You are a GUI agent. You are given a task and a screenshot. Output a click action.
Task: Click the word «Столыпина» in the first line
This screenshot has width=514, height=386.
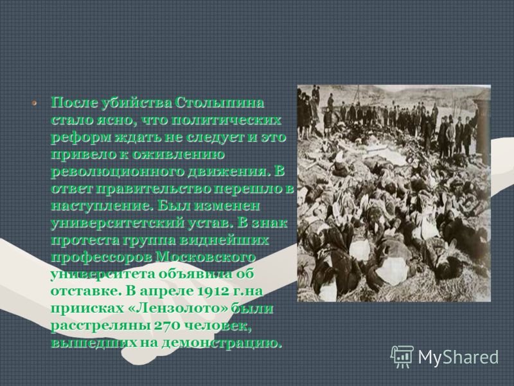[219, 103]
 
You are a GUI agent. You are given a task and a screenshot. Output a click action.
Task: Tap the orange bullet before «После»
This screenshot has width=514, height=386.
[34, 103]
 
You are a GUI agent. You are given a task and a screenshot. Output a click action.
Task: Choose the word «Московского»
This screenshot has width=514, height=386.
[206, 257]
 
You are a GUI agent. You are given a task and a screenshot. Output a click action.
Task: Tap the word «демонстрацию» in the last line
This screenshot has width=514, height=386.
[222, 343]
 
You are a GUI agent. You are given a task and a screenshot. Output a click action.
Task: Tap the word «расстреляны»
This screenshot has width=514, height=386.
[100, 326]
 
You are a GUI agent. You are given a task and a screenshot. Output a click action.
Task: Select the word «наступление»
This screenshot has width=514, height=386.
[102, 206]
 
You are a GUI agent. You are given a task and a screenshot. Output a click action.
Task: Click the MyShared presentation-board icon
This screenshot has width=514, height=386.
[402, 356]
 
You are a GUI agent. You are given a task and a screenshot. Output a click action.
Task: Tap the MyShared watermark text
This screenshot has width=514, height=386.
[458, 357]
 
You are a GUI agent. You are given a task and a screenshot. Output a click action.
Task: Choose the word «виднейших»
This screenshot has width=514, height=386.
[227, 240]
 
